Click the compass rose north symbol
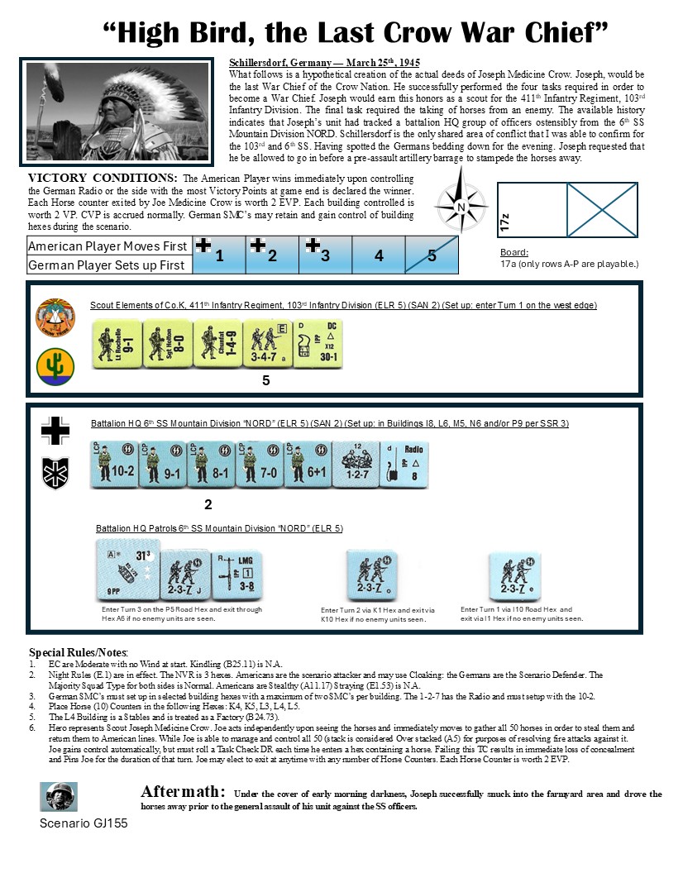(x=461, y=206)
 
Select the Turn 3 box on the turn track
(x=326, y=255)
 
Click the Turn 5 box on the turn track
(x=432, y=255)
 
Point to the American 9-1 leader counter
(x=116, y=344)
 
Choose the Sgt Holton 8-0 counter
(x=165, y=344)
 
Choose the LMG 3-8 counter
(x=236, y=576)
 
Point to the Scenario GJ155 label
(x=84, y=823)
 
